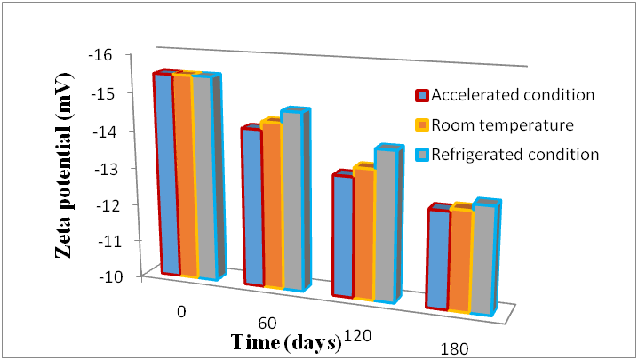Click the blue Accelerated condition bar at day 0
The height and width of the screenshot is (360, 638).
164,173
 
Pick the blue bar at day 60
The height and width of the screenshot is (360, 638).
251,207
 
